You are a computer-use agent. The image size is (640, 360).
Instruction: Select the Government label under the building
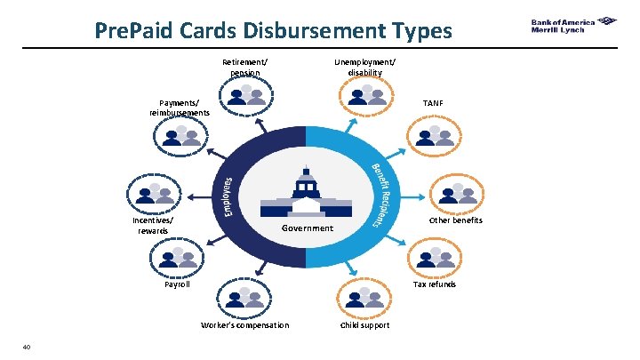(x=307, y=228)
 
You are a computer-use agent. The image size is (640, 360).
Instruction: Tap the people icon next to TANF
(x=430, y=135)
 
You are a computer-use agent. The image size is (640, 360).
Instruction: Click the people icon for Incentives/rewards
(x=153, y=196)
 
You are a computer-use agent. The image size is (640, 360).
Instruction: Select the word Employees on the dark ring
(x=228, y=196)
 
